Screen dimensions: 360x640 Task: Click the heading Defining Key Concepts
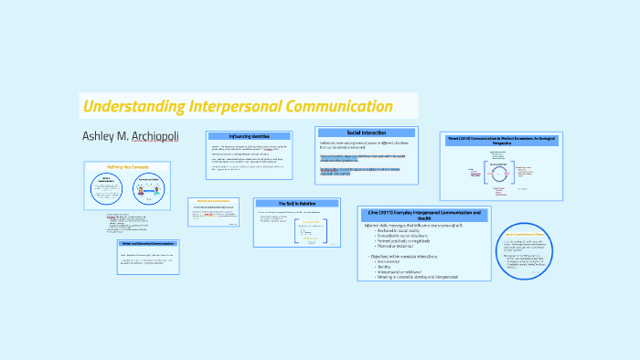point(127,167)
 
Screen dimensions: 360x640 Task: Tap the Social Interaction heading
point(366,132)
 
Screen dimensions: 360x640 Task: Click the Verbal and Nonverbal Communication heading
point(147,245)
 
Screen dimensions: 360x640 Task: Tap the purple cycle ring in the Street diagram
point(500,173)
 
